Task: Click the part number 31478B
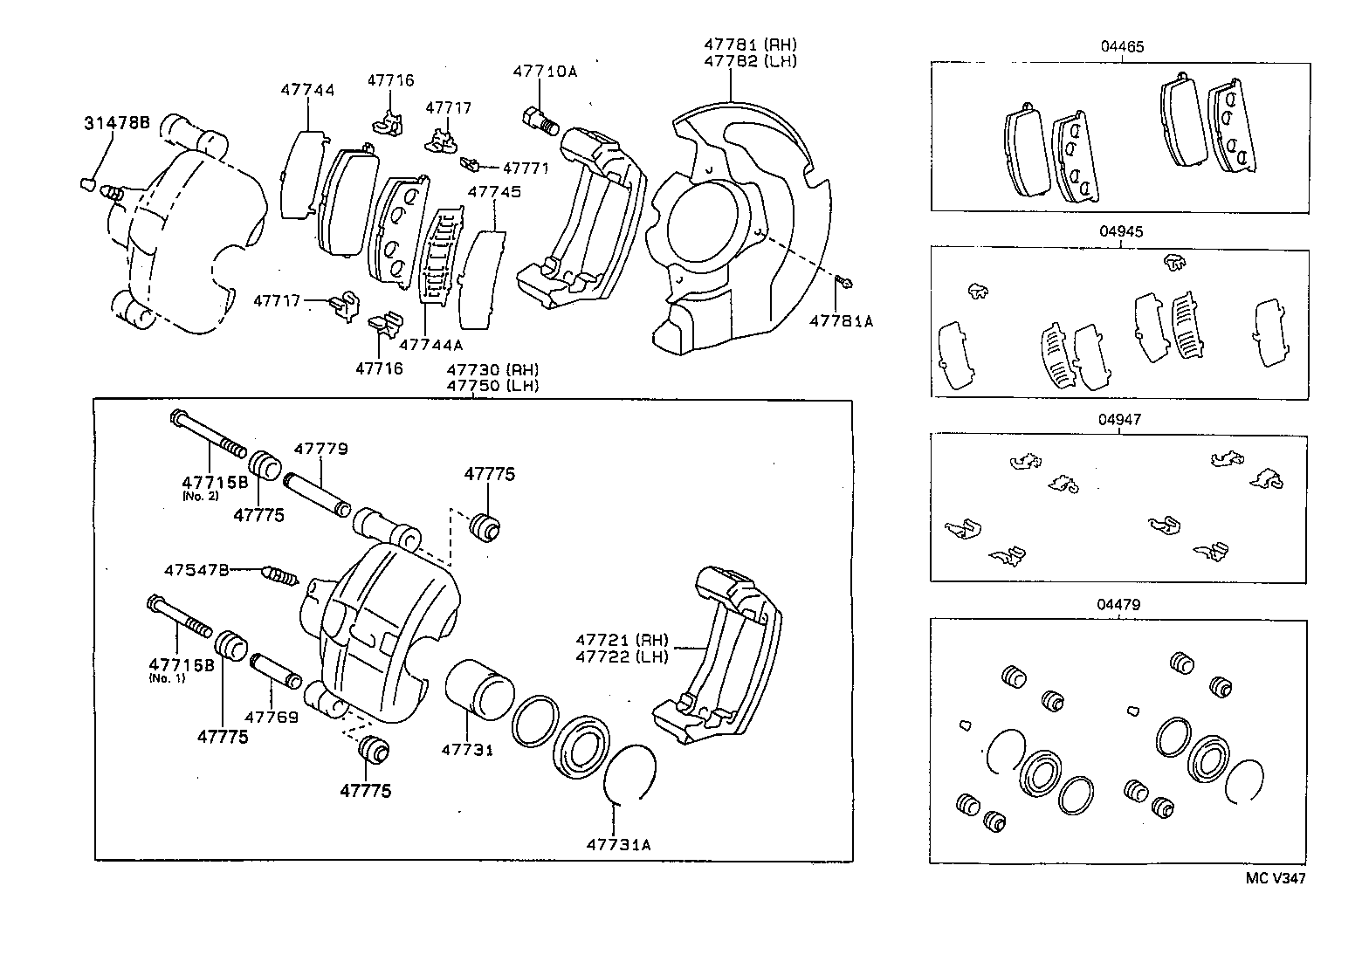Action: click(117, 123)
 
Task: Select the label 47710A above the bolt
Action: click(545, 72)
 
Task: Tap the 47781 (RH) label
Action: click(750, 45)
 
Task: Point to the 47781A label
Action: click(841, 321)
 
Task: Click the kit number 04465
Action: click(1123, 47)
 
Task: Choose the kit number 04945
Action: click(1121, 231)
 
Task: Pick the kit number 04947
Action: click(1120, 419)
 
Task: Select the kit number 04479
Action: click(1118, 605)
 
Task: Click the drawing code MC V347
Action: click(1276, 878)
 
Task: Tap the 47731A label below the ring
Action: click(618, 845)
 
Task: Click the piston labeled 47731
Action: click(479, 690)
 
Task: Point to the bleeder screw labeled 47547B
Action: click(280, 575)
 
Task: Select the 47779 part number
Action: click(321, 450)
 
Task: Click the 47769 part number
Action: click(272, 718)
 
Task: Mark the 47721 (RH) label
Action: click(622, 640)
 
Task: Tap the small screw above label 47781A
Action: click(844, 282)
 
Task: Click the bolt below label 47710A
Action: click(540, 121)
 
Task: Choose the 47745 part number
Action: click(494, 192)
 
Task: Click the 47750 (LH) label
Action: click(492, 385)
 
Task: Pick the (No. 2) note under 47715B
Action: click(201, 497)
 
